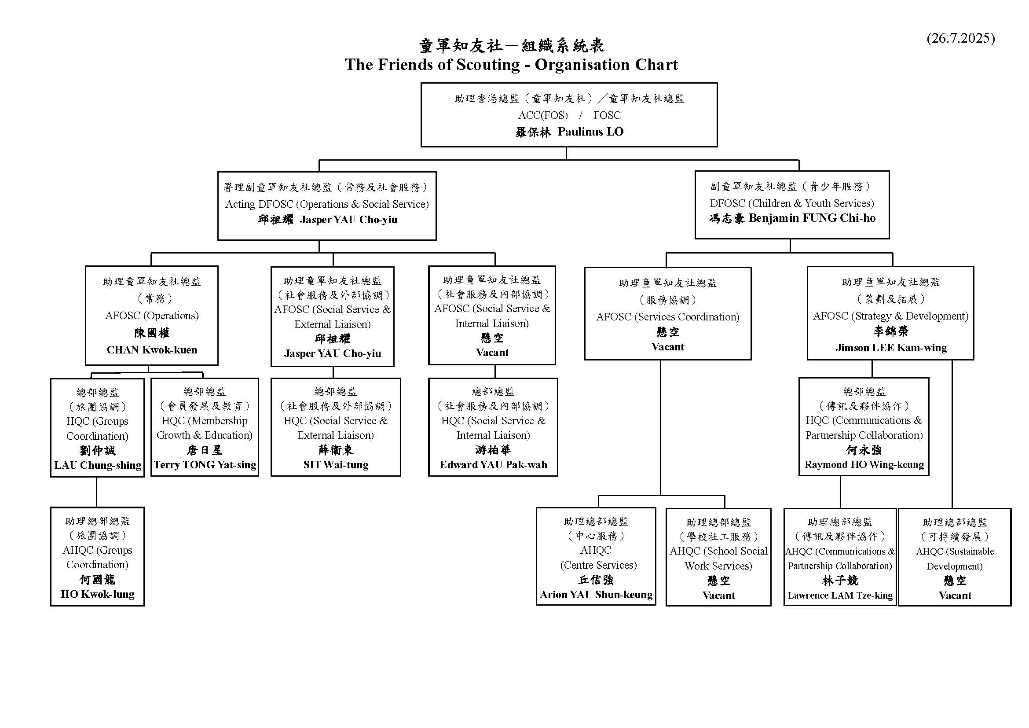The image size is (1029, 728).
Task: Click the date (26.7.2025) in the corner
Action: tap(960, 39)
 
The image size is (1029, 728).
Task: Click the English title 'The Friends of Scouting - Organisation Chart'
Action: tap(511, 65)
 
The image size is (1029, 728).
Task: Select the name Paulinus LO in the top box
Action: tap(590, 131)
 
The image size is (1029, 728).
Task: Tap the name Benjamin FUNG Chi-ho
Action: tap(812, 218)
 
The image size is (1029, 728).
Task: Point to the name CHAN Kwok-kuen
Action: tap(152, 349)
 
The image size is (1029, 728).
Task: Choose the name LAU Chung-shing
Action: tap(98, 465)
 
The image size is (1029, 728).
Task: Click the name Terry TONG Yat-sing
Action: tap(205, 465)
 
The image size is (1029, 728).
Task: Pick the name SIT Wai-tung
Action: tap(336, 465)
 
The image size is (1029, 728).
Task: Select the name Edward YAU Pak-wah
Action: tap(493, 465)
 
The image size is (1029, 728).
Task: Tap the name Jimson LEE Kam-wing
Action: tap(891, 348)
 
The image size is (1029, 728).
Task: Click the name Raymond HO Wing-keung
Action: tap(864, 465)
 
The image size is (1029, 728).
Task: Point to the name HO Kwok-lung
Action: tap(98, 594)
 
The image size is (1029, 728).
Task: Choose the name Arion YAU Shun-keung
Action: tap(596, 595)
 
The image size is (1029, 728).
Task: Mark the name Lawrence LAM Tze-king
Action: tap(840, 596)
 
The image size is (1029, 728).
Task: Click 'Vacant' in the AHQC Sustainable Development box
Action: tap(955, 596)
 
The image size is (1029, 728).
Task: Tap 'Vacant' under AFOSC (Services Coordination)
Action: tap(668, 347)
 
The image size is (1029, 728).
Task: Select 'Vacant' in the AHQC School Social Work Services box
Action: tap(718, 596)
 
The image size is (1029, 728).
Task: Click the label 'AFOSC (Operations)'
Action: tap(152, 316)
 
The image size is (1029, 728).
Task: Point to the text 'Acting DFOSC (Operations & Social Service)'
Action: tap(327, 204)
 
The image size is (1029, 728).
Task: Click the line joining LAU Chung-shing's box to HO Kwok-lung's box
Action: tap(96, 492)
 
